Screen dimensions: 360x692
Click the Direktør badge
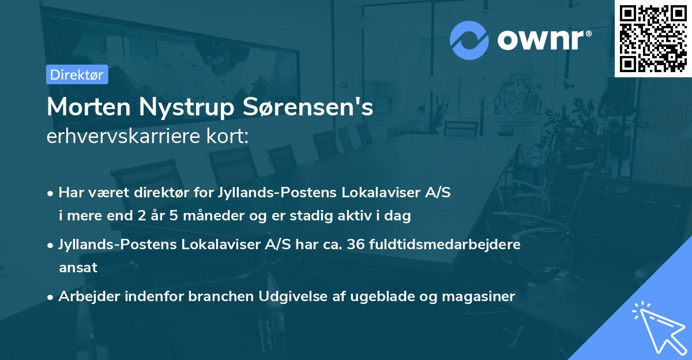pyautogui.click(x=77, y=74)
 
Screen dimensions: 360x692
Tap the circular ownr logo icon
pyautogui.click(x=469, y=40)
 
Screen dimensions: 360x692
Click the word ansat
pyautogui.click(x=78, y=267)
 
